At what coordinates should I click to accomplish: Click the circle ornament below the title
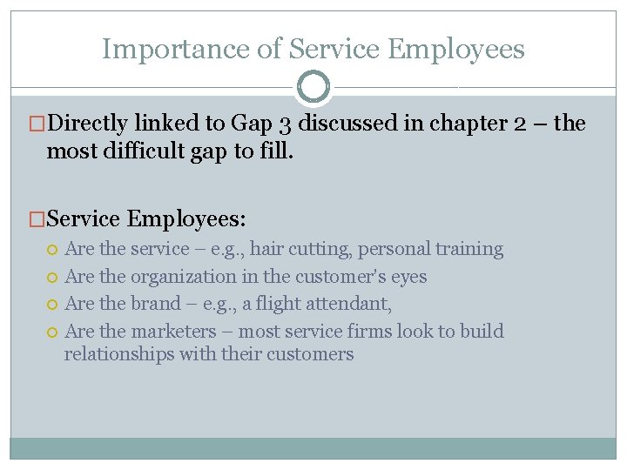(313, 87)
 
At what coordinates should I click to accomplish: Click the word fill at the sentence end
(279, 152)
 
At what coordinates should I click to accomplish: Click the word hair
(267, 249)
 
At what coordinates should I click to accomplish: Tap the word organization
(184, 277)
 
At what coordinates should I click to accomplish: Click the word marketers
(174, 332)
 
